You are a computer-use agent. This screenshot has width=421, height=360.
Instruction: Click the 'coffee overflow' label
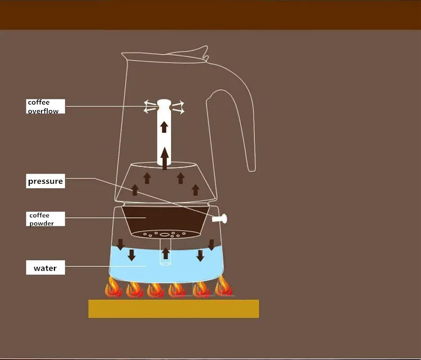[45, 107]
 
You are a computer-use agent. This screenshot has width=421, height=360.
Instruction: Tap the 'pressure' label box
[45, 182]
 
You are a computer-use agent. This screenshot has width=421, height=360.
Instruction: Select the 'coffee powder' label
[45, 219]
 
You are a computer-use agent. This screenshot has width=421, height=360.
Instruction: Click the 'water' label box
[45, 268]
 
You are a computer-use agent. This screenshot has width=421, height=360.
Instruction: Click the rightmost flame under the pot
[223, 288]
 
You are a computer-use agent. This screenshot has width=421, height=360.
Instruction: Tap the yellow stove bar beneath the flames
[173, 308]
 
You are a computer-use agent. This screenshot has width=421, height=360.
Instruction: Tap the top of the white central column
[164, 103]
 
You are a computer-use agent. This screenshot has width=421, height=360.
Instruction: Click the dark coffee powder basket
[165, 219]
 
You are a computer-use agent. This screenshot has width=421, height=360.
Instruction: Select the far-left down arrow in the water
[120, 245]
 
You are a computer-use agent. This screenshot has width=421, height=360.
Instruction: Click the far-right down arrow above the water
[211, 244]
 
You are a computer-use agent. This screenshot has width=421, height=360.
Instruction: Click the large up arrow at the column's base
[164, 157]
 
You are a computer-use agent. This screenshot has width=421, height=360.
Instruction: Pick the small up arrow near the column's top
[164, 126]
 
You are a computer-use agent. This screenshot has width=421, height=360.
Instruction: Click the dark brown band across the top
[210, 15]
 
